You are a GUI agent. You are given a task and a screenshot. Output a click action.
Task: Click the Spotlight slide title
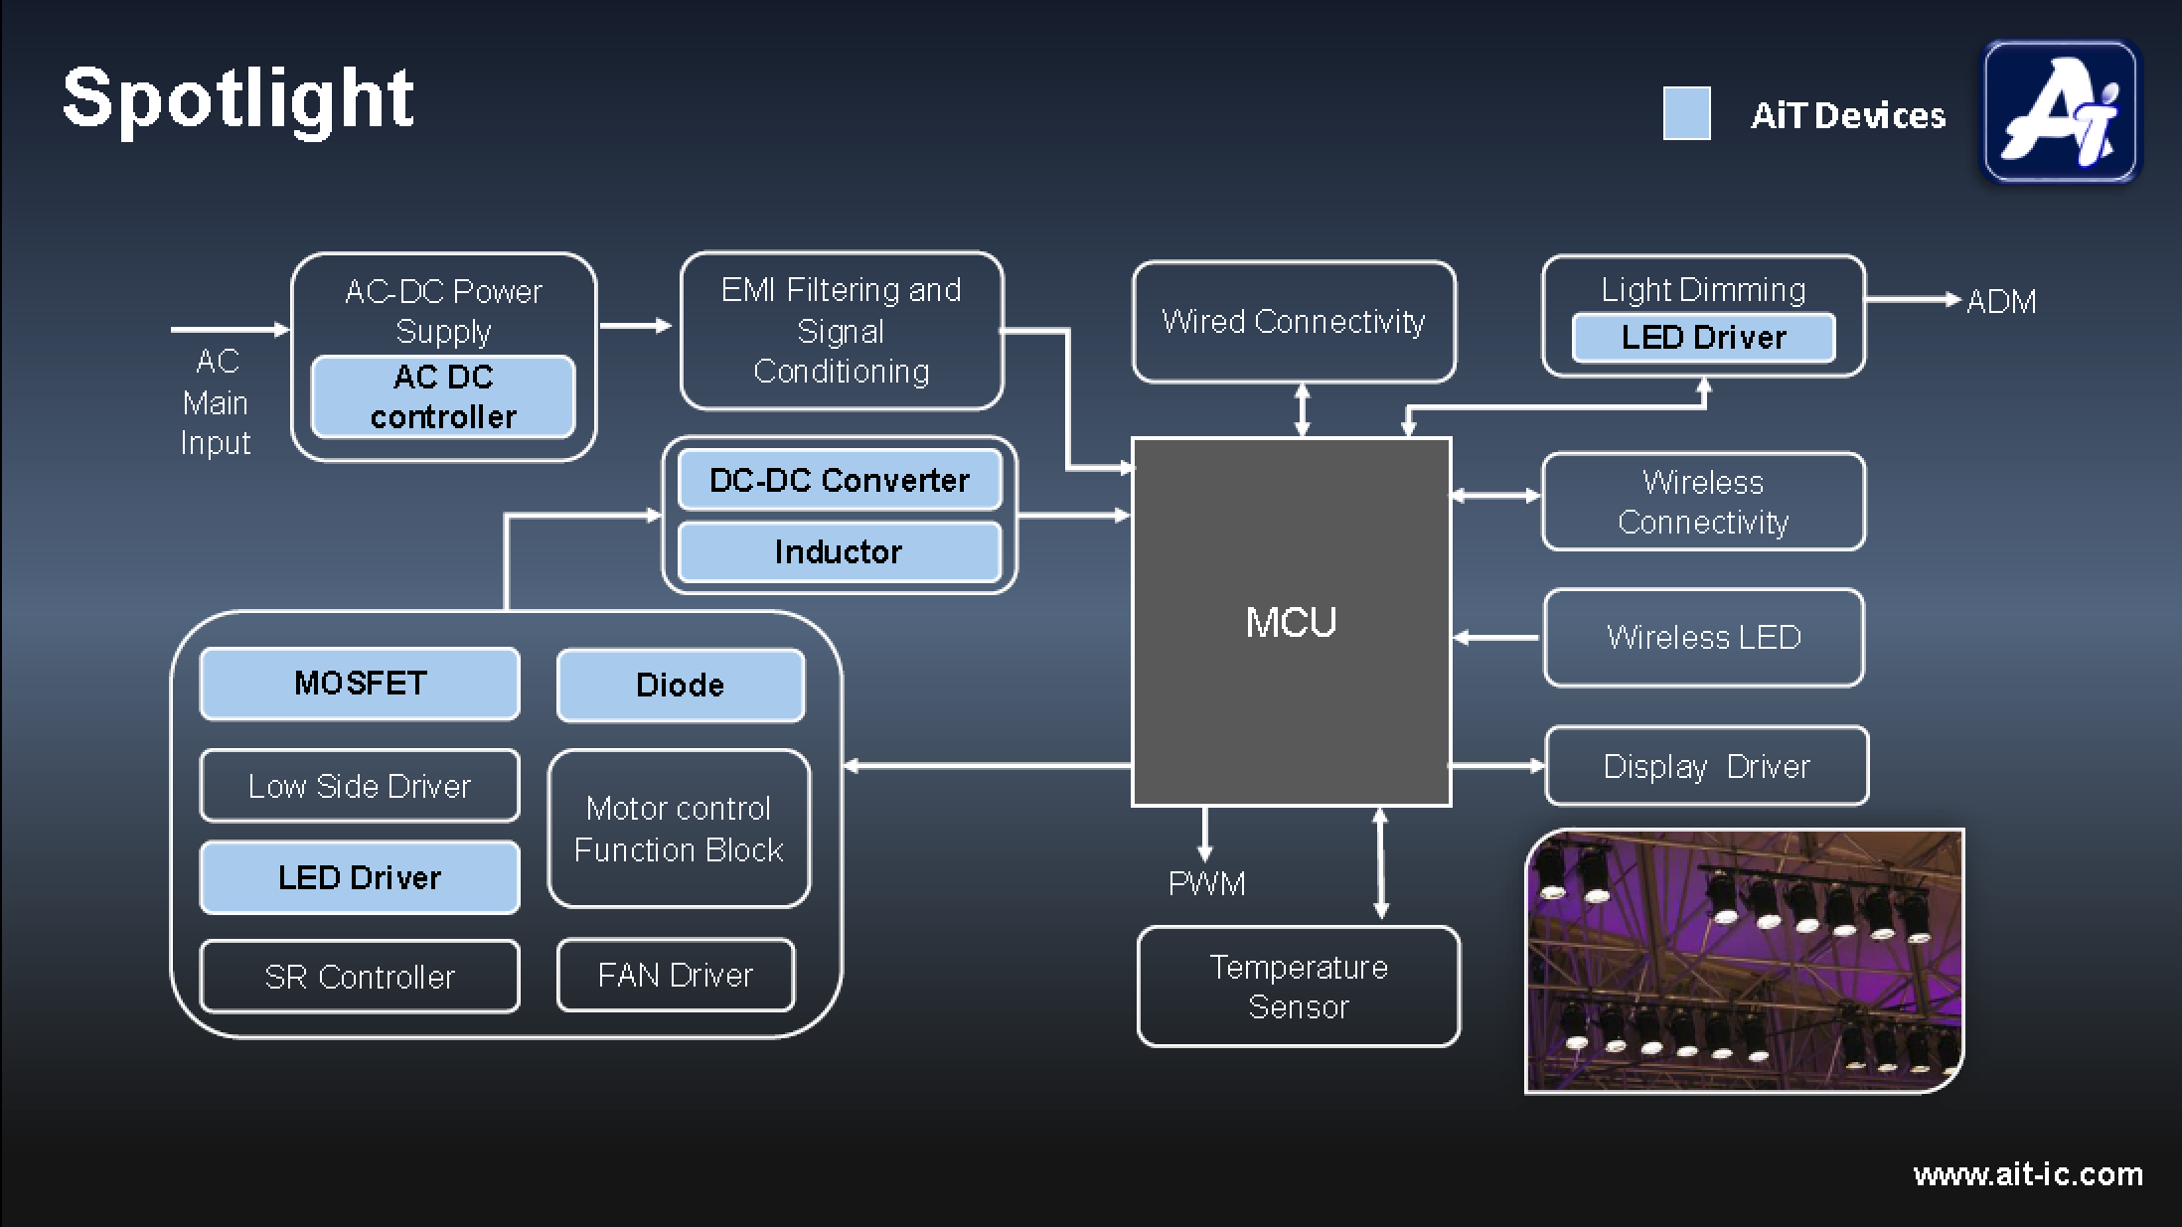pos(237,99)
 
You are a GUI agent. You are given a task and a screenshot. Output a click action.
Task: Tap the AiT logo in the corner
pos(2060,111)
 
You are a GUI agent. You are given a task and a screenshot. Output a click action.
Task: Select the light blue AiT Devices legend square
pos(1686,113)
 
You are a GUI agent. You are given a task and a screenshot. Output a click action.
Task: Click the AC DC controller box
pos(443,396)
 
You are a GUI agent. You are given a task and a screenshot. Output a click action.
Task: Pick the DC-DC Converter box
pos(840,480)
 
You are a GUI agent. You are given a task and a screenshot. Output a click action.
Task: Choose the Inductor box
pos(840,551)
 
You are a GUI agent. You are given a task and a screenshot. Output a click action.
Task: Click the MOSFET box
pos(360,684)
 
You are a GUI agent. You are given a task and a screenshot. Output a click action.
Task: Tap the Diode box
pos(681,685)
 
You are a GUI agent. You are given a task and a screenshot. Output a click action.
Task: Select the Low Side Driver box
pos(360,786)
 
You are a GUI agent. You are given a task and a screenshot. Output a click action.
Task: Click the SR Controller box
pos(360,977)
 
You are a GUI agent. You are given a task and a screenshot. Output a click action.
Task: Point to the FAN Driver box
pos(676,975)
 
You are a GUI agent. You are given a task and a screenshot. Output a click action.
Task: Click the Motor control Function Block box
pos(679,829)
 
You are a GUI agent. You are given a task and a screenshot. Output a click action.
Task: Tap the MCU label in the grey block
pos(1291,623)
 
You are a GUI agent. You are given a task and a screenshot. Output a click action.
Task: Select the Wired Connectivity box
pos(1294,321)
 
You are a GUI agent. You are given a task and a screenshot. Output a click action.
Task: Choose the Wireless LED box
pos(1703,637)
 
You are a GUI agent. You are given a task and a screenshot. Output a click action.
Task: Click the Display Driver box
pos(1706,766)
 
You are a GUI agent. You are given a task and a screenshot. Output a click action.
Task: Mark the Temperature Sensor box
pos(1299,987)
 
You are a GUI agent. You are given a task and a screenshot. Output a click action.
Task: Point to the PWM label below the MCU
pos(1206,883)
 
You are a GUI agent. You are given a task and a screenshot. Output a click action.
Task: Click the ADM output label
pos(2001,301)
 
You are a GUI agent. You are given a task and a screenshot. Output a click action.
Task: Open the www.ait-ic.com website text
pos(2028,1174)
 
